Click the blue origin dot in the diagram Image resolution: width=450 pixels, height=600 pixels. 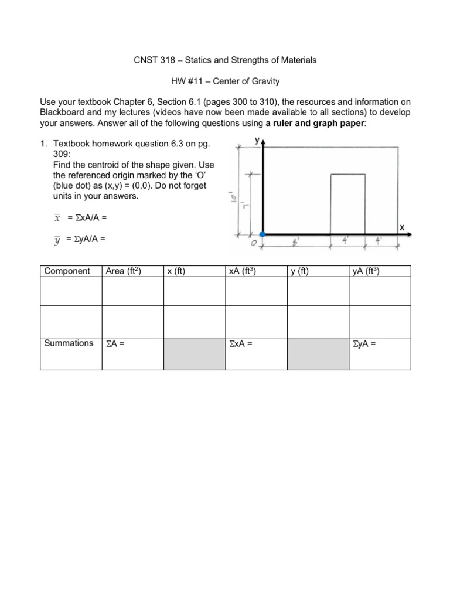(262, 234)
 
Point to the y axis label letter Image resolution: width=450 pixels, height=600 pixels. (257, 141)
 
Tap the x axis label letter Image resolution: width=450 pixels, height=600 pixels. (403, 227)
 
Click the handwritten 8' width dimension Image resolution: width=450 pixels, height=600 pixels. (296, 241)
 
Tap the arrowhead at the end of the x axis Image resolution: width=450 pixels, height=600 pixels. (408, 234)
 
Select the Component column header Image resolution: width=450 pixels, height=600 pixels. (67, 271)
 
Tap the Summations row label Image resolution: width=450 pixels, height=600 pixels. (69, 343)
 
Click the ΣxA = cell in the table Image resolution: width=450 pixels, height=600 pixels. (241, 343)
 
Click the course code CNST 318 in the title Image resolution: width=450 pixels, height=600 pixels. (152, 60)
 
